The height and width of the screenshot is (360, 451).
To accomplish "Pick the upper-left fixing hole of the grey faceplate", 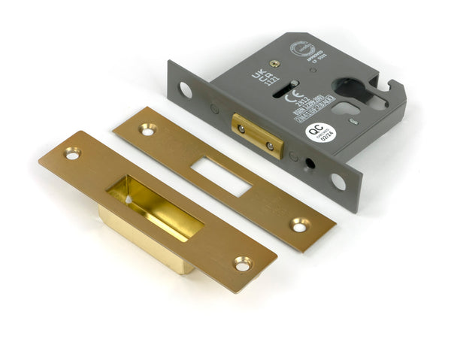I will tap(185, 91).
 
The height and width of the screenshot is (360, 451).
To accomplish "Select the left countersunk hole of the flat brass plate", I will tap(147, 130).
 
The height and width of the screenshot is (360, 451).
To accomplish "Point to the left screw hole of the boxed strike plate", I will tap(72, 153).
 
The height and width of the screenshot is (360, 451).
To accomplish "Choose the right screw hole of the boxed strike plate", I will tap(242, 263).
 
